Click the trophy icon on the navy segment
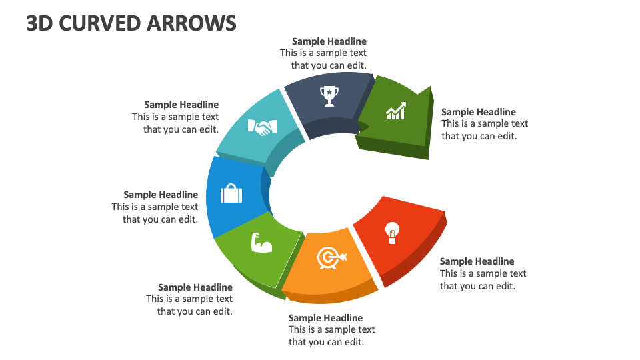(x=329, y=96)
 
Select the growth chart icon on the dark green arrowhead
(x=396, y=111)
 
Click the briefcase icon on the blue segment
(x=231, y=194)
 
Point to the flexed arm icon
(x=261, y=243)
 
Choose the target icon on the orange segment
(x=331, y=257)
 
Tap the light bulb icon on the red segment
(x=392, y=232)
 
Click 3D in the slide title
(x=40, y=23)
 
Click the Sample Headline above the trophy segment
(x=329, y=41)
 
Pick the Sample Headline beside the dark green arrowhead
(x=479, y=112)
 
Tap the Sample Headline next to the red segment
(x=477, y=261)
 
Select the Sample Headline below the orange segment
(x=325, y=318)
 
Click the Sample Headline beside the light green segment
(x=195, y=287)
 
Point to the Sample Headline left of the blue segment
(x=161, y=195)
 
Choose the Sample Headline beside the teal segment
(x=181, y=105)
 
